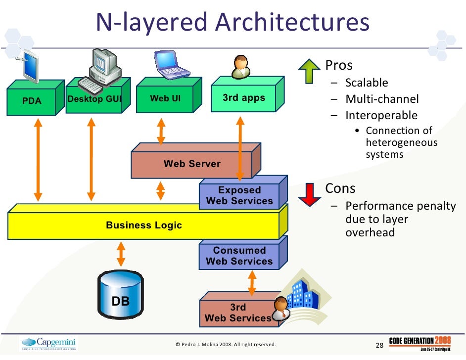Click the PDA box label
[x=32, y=101]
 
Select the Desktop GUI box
[x=94, y=99]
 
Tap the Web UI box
[x=165, y=98]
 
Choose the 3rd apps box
[x=243, y=98]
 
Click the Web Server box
[x=192, y=164]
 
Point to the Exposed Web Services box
[x=239, y=196]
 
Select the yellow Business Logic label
[x=144, y=225]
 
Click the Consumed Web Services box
[x=239, y=256]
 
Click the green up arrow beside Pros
[x=310, y=71]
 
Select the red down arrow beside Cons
[x=310, y=194]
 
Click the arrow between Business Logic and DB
[x=120, y=254]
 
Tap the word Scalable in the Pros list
[x=367, y=83]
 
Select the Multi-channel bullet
[x=382, y=99]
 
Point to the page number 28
[x=380, y=345]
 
